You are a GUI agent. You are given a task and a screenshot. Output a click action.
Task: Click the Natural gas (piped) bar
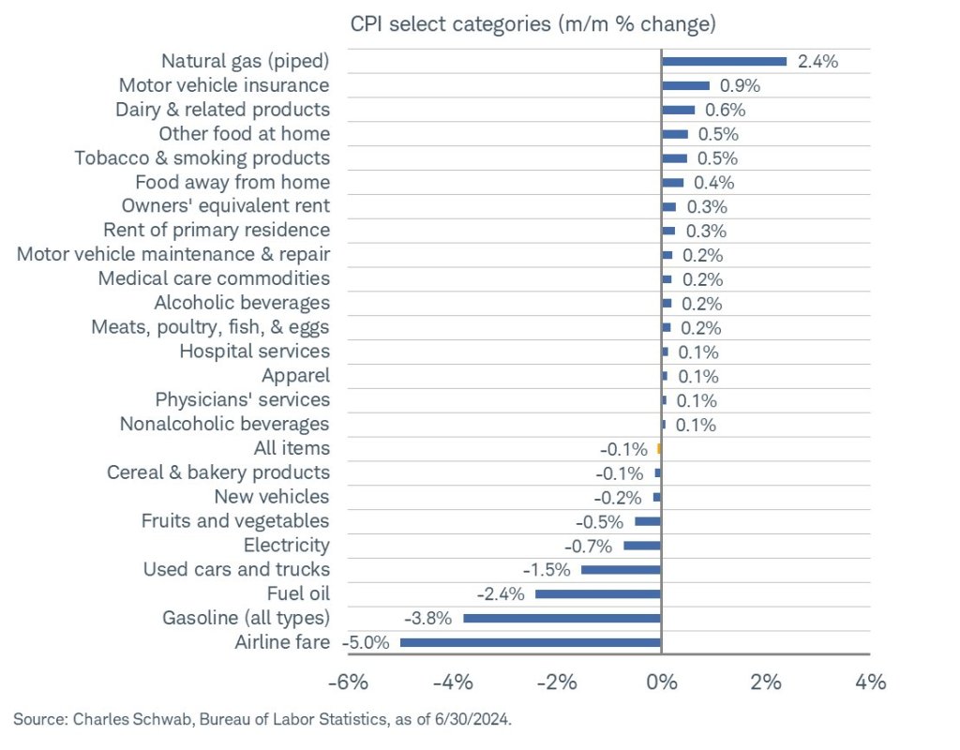pyautogui.click(x=724, y=61)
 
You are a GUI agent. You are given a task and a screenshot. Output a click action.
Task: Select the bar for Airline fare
pyautogui.click(x=531, y=642)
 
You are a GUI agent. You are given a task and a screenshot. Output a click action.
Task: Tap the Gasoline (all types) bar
pyautogui.click(x=562, y=618)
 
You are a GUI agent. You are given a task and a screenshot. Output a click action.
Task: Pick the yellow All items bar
pyautogui.click(x=659, y=448)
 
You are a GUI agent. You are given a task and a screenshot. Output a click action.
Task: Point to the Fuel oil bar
pyautogui.click(x=598, y=593)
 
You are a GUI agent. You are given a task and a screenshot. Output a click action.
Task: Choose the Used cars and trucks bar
pyautogui.click(x=621, y=569)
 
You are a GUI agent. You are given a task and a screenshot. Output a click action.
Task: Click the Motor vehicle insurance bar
pyautogui.click(x=685, y=85)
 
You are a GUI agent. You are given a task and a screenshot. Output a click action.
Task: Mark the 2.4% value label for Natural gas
pyautogui.click(x=817, y=62)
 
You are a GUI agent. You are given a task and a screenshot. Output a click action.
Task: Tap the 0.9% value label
pyautogui.click(x=740, y=86)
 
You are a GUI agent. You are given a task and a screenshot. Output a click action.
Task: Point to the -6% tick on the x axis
pyautogui.click(x=347, y=682)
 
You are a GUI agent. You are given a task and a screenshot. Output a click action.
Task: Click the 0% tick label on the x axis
pyautogui.click(x=662, y=682)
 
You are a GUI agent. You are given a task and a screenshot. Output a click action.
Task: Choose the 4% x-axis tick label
pyautogui.click(x=871, y=682)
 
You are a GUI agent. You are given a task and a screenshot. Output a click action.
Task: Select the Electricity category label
pyautogui.click(x=287, y=546)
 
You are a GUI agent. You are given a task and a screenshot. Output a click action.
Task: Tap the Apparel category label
pyautogui.click(x=295, y=376)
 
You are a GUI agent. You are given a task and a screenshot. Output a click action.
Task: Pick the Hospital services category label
pyautogui.click(x=254, y=352)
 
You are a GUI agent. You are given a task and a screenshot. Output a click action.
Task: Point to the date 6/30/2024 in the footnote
pyautogui.click(x=474, y=718)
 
